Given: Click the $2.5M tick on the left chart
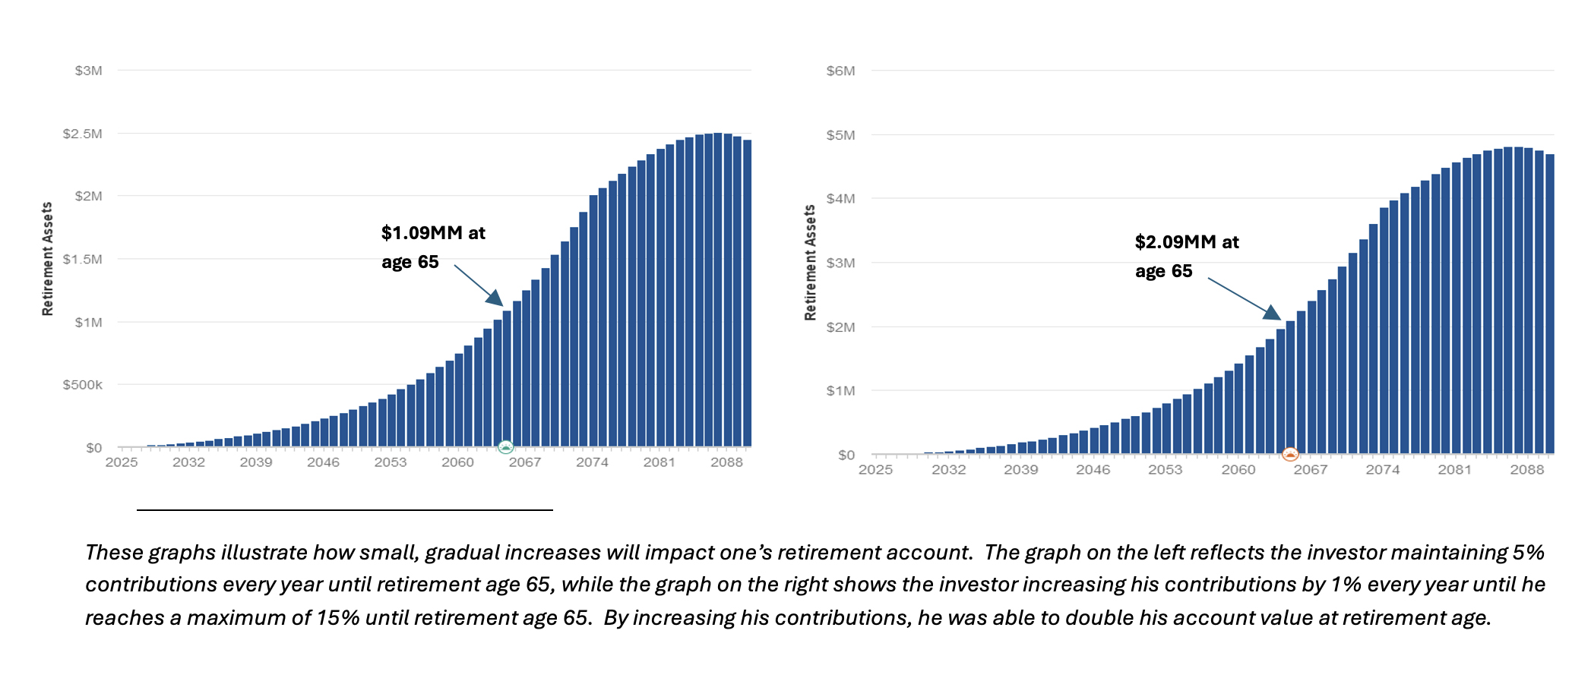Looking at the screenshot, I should click(83, 134).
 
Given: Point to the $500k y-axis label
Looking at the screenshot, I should click(83, 385).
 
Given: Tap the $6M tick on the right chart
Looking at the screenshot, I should click(840, 71).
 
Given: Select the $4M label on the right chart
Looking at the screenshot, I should click(840, 199).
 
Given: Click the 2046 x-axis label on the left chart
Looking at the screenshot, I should click(323, 462).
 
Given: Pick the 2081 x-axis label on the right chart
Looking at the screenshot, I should click(1454, 470).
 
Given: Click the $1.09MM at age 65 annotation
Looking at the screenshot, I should click(432, 247).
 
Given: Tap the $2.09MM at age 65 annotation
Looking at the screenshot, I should click(1186, 257).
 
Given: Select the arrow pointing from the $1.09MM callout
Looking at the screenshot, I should click(479, 285).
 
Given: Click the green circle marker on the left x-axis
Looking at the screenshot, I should click(506, 446).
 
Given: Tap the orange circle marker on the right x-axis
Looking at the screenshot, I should click(1290, 455).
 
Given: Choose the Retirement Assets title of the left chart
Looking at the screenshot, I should click(48, 259).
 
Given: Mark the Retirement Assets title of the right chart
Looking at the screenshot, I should click(810, 263).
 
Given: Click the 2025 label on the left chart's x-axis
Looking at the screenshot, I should click(122, 462).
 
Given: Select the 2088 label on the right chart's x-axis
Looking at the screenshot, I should click(1526, 470).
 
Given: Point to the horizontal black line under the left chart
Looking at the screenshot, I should click(344, 510).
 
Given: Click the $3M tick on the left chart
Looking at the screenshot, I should click(88, 71).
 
